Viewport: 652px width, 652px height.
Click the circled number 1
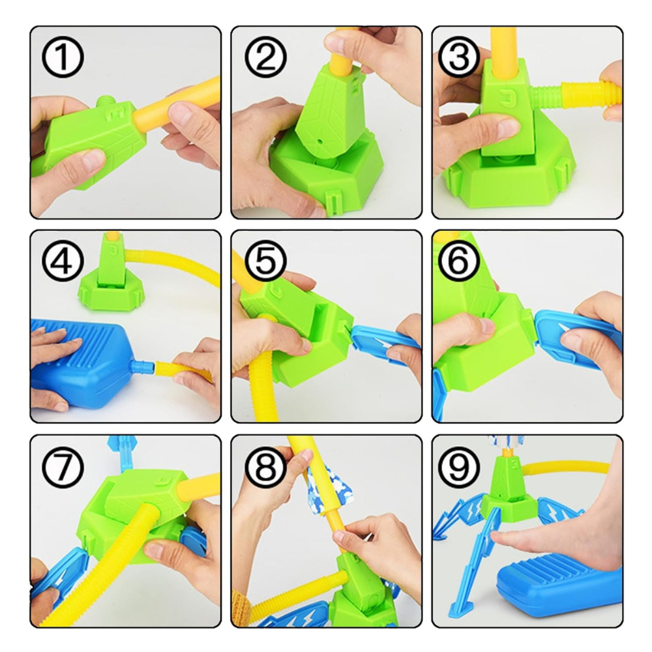(63, 57)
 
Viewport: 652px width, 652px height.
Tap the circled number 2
(266, 57)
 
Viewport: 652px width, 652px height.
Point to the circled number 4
(63, 261)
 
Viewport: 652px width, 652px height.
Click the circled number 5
(266, 261)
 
